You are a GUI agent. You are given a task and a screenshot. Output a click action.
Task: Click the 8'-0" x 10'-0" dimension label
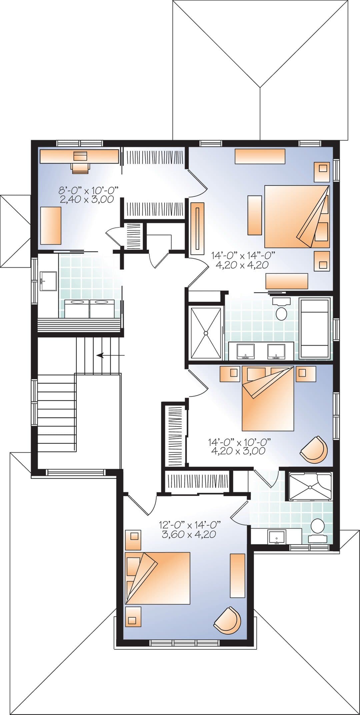[x=89, y=191]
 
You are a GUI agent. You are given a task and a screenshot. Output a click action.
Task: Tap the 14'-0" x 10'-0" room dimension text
[x=239, y=442]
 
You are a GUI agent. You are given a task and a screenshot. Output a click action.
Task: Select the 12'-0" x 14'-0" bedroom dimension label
[x=190, y=525]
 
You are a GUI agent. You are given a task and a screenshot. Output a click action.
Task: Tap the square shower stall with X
[x=206, y=333]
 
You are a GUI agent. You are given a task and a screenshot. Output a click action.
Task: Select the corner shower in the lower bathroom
[x=310, y=486]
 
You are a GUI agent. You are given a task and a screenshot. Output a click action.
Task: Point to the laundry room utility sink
[x=48, y=281]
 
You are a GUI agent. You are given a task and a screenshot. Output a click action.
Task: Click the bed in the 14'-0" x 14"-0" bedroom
[x=297, y=216]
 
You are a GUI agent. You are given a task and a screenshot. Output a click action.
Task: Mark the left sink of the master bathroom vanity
[x=246, y=351]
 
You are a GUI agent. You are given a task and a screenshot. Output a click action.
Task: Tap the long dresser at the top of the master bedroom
[x=260, y=156]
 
